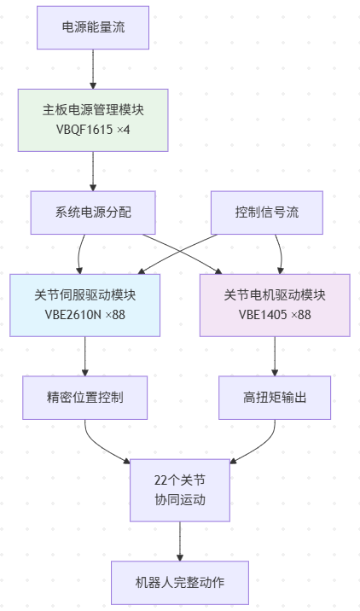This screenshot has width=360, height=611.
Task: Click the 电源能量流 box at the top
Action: click(x=93, y=27)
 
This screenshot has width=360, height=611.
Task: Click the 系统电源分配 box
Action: click(x=93, y=212)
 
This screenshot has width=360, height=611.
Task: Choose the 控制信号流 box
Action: click(x=267, y=212)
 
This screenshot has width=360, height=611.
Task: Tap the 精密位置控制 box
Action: click(x=84, y=397)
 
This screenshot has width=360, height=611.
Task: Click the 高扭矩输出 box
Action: click(x=275, y=397)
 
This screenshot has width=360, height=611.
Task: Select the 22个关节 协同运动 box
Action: click(x=180, y=490)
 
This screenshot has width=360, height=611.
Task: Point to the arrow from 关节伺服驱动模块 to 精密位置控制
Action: click(x=84, y=355)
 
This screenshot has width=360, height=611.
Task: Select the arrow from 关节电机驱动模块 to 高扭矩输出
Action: click(x=275, y=355)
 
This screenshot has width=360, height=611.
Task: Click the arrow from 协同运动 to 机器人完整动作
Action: click(x=180, y=541)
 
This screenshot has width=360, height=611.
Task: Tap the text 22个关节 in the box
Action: click(x=180, y=480)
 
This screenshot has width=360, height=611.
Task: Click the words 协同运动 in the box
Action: click(x=180, y=500)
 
